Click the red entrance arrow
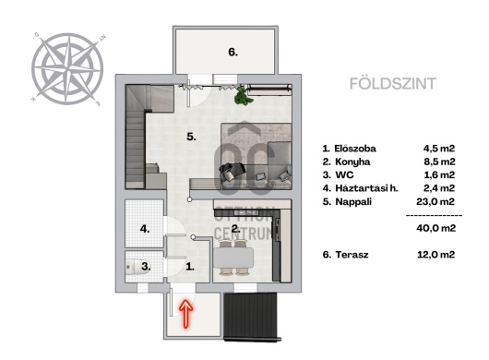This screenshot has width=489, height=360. point(185,314)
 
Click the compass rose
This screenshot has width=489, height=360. point(67,69)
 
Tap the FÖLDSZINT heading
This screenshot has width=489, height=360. point(393,84)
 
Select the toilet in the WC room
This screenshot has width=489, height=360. point(137,268)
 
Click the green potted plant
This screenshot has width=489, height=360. point(243,96)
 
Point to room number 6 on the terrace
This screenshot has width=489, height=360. point(233,52)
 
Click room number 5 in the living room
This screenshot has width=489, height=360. point(191,137)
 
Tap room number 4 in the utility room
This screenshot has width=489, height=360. point(144,229)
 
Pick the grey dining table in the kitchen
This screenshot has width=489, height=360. point(233,258)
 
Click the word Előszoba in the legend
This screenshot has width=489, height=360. point(355,149)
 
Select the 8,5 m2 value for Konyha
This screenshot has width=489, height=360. point(439,162)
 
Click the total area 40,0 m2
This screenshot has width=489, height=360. point(436,228)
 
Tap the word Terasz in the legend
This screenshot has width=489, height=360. point(352,255)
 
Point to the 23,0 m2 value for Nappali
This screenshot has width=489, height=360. point(435,201)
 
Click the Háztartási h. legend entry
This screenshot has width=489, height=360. point(366,188)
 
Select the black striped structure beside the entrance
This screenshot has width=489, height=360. point(251,317)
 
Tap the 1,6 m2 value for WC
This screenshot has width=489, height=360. point(439,174)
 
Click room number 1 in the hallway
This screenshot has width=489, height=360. point(190,267)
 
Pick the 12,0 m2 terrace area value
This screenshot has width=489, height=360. point(436,255)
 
